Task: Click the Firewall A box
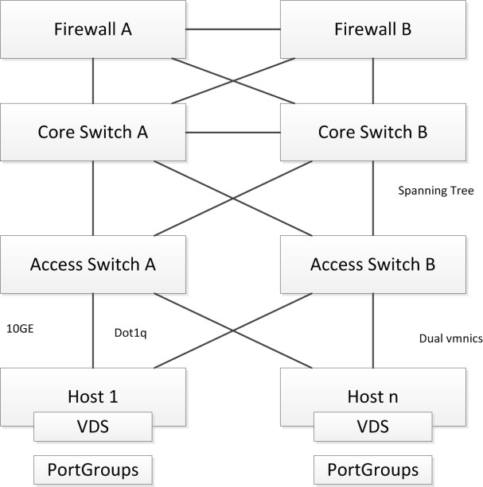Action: point(93,31)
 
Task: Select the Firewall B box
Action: point(373,31)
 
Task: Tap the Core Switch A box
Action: point(93,131)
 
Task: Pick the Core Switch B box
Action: point(373,131)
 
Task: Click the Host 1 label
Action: point(93,395)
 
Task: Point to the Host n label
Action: point(373,395)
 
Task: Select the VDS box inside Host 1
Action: point(93,427)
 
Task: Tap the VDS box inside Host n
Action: point(373,427)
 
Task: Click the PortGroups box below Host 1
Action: point(93,466)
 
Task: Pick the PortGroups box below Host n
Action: point(373,466)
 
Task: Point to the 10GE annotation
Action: point(21,327)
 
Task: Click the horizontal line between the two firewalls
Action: point(233,31)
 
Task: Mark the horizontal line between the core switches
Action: point(233,131)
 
